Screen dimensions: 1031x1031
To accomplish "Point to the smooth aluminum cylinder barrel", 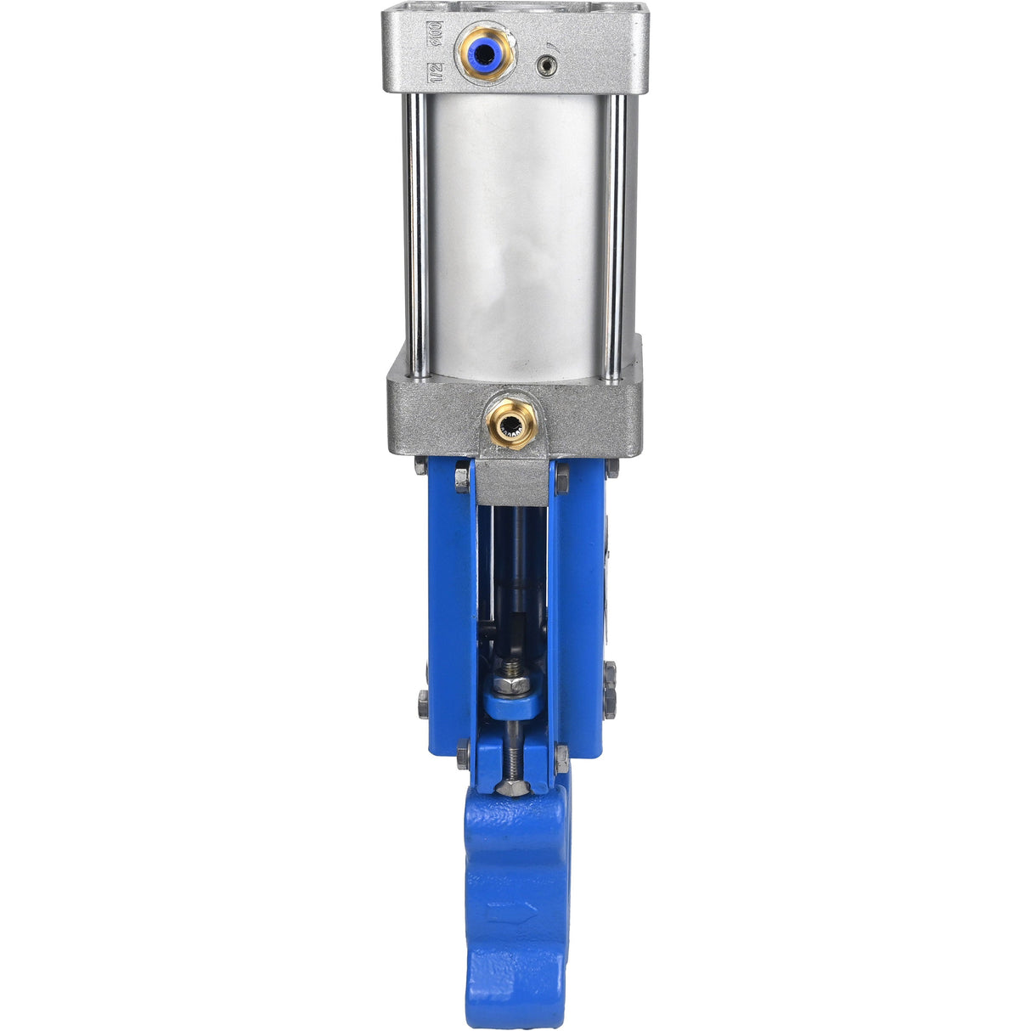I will click(514, 229).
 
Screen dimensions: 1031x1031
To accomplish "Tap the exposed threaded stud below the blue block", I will click(510, 752).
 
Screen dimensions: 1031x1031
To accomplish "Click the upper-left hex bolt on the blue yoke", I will click(461, 479).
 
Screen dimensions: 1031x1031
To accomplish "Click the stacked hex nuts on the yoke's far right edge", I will click(609, 690).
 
